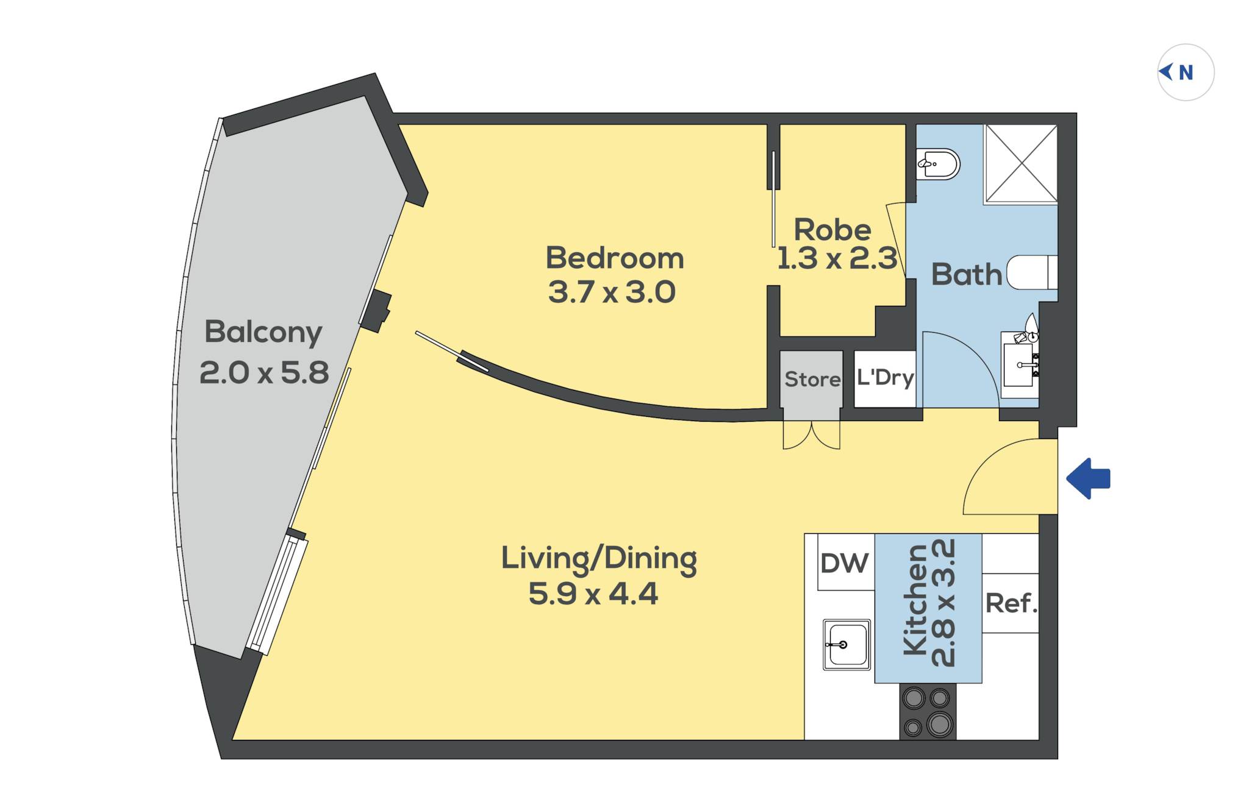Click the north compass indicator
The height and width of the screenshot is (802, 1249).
[x=1185, y=73]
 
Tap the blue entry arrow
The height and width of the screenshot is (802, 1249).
[x=1089, y=479]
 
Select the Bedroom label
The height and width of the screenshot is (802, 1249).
[x=614, y=258]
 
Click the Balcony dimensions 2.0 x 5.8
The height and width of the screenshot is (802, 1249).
[x=264, y=372]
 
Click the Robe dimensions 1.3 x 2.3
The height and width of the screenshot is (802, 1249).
[x=837, y=258]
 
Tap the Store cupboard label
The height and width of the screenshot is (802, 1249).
[x=812, y=379]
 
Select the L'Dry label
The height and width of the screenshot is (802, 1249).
[x=885, y=378]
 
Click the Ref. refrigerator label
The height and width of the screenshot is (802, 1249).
[x=1011, y=603]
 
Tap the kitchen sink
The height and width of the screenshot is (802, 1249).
[x=847, y=645]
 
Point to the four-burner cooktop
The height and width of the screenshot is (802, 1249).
[x=928, y=711]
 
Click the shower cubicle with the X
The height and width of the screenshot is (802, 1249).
[x=1021, y=163]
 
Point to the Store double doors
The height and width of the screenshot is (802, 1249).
[x=812, y=435]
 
